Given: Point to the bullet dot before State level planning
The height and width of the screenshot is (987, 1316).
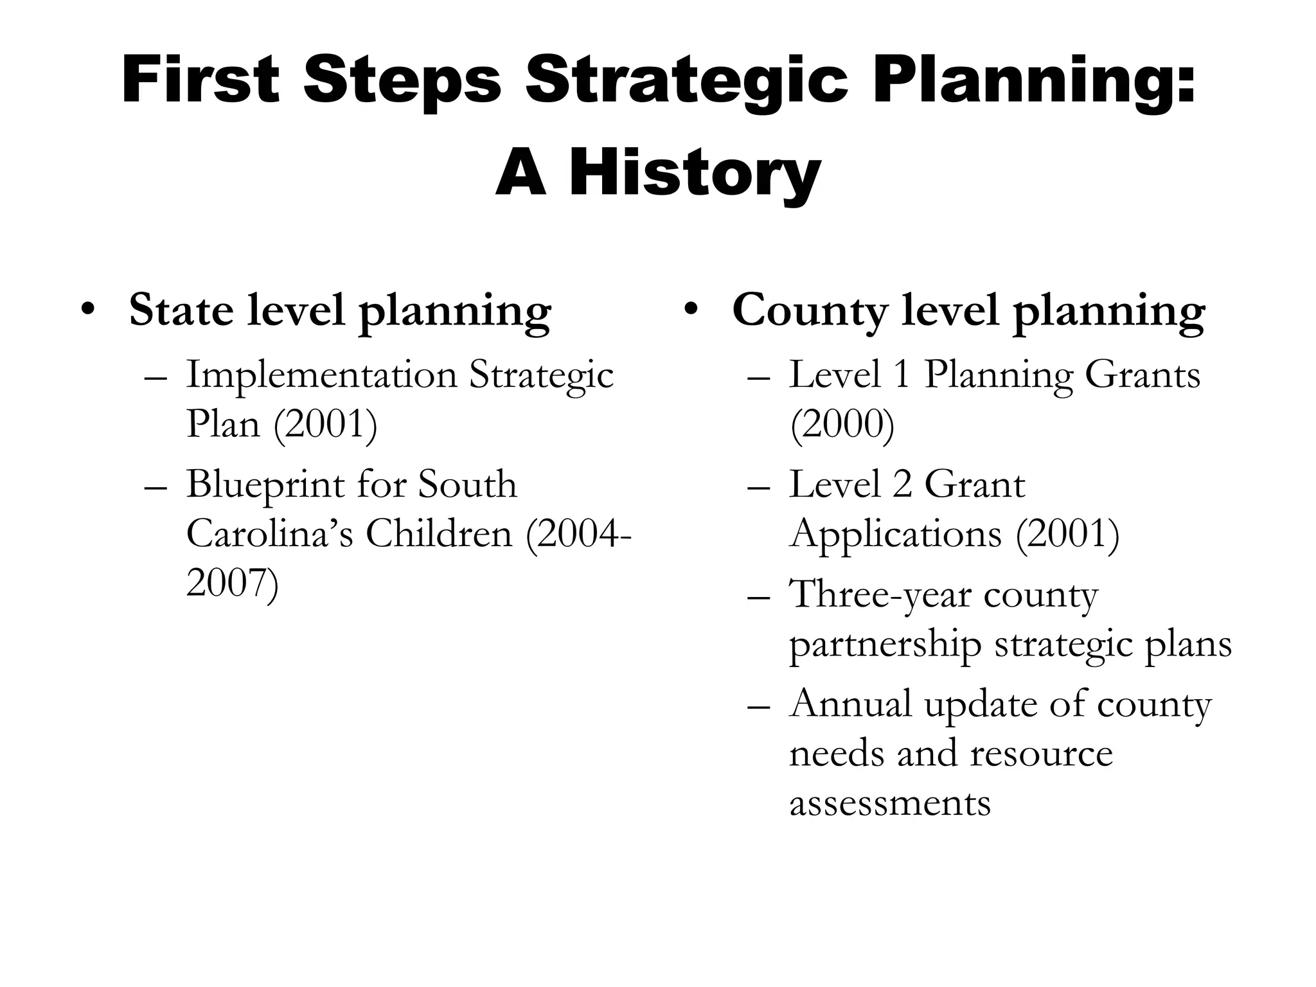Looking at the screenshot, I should [87, 309].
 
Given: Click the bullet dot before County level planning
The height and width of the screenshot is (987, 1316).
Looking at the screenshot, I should [690, 309].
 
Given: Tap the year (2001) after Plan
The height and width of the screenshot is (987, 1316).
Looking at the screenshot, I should [325, 425].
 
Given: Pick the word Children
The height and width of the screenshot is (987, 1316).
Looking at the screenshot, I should [439, 534].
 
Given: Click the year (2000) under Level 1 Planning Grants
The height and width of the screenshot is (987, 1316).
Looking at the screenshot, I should [842, 425].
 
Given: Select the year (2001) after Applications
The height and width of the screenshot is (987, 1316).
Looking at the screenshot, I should [1067, 534].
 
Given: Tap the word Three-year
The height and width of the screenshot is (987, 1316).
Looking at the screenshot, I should [880, 594].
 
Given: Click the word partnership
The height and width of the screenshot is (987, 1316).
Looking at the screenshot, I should [885, 645].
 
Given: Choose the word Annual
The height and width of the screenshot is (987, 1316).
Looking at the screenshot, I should [850, 704].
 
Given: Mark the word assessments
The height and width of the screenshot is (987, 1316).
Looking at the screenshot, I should [889, 803].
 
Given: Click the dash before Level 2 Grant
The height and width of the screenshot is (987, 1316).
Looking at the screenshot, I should [759, 486].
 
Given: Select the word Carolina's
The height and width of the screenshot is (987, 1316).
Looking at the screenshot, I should [269, 534].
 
